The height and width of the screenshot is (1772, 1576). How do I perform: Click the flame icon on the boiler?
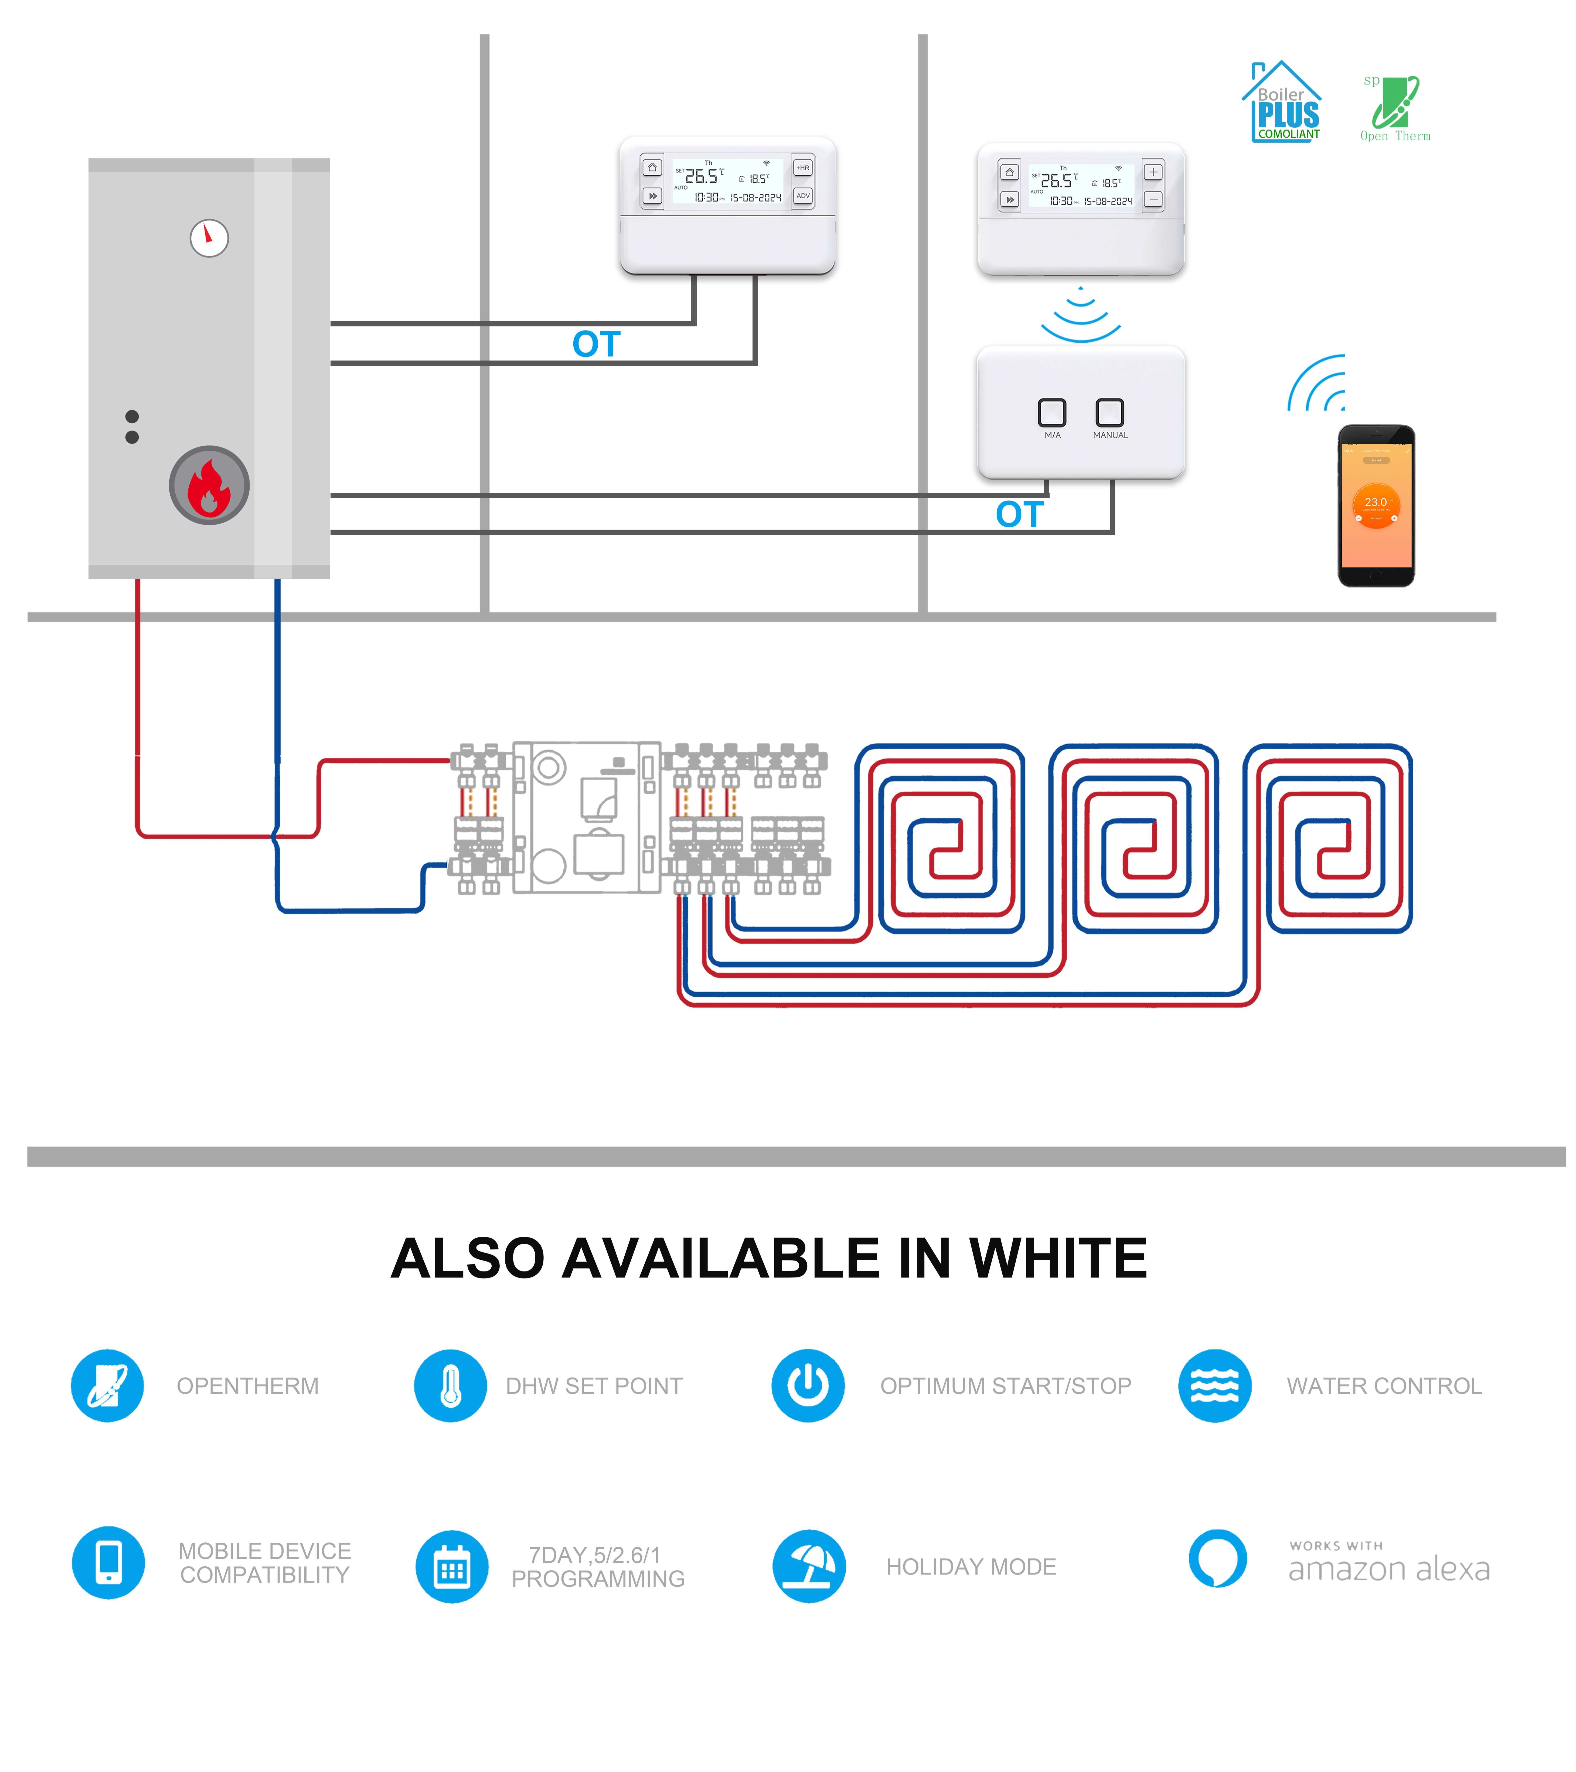click(209, 486)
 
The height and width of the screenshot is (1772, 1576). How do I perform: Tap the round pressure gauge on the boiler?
click(209, 237)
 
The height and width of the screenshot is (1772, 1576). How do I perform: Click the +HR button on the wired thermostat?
click(803, 167)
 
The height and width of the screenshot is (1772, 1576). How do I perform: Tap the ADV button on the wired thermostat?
click(803, 196)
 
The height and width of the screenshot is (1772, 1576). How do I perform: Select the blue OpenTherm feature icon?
click(107, 1385)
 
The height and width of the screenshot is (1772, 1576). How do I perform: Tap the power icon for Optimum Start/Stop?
click(808, 1385)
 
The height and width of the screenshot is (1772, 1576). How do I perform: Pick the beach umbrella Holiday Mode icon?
click(809, 1566)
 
